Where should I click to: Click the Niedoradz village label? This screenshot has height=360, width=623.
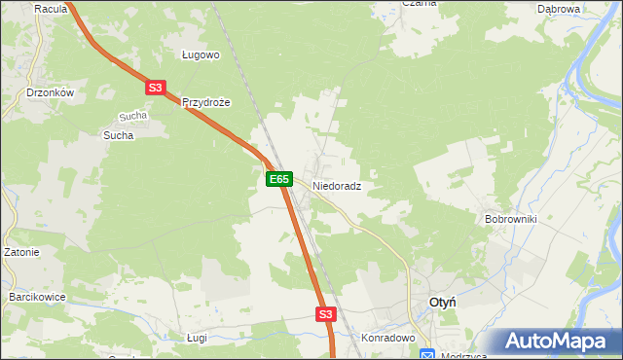click(x=337, y=185)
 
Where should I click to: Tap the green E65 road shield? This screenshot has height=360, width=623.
click(x=278, y=179)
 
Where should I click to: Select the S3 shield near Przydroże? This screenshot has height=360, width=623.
click(x=155, y=88)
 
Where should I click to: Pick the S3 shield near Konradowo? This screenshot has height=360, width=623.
click(x=325, y=314)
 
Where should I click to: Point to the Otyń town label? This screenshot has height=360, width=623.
click(x=443, y=304)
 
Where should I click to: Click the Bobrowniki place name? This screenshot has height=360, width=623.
click(x=511, y=219)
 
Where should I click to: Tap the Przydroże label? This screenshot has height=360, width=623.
click(x=205, y=102)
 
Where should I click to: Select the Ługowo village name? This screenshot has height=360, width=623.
click(x=202, y=55)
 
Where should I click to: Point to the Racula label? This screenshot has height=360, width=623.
click(x=50, y=9)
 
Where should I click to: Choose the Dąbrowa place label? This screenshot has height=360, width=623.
click(x=559, y=9)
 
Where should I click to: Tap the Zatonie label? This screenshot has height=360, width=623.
click(x=20, y=252)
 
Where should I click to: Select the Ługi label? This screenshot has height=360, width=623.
click(x=198, y=337)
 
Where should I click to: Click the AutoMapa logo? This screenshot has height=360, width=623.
click(x=558, y=342)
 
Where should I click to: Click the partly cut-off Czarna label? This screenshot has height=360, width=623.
click(x=420, y=4)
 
